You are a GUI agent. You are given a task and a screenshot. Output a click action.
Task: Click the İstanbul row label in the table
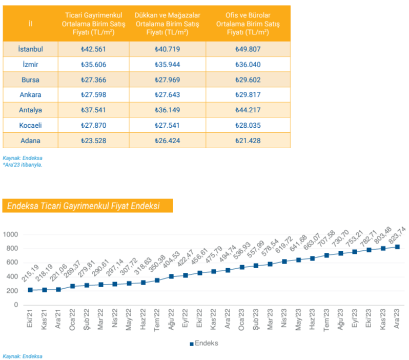pyautogui.click(x=30, y=49)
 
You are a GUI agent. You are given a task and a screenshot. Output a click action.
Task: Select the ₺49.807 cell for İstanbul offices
pyautogui.click(x=248, y=49)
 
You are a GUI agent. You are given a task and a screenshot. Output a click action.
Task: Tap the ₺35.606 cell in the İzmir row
pyautogui.click(x=93, y=65)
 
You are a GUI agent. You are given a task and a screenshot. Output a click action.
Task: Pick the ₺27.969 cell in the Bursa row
pyautogui.click(x=167, y=80)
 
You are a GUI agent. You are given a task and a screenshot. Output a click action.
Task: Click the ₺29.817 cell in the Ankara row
pyautogui.click(x=248, y=95)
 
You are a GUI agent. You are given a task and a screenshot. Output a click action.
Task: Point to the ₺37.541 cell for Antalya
pyautogui.click(x=93, y=110)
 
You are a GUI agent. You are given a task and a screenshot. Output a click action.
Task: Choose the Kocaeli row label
pyautogui.click(x=30, y=125)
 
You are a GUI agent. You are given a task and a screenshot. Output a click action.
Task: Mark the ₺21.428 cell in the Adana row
pyautogui.click(x=248, y=140)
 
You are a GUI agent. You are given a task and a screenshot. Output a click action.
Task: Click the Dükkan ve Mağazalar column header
pyautogui.click(x=167, y=23)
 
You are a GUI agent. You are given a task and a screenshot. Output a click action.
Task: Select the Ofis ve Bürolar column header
pyautogui.click(x=248, y=23)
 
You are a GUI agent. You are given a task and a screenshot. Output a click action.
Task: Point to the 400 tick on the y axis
pyautogui.click(x=12, y=277)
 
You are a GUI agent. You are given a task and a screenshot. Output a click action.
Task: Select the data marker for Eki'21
pyautogui.click(x=30, y=290)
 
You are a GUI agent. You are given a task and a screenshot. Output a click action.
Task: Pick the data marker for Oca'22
pyautogui.click(x=72, y=286)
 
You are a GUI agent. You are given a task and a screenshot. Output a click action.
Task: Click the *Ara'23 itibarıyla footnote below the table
pyautogui.click(x=23, y=165)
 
